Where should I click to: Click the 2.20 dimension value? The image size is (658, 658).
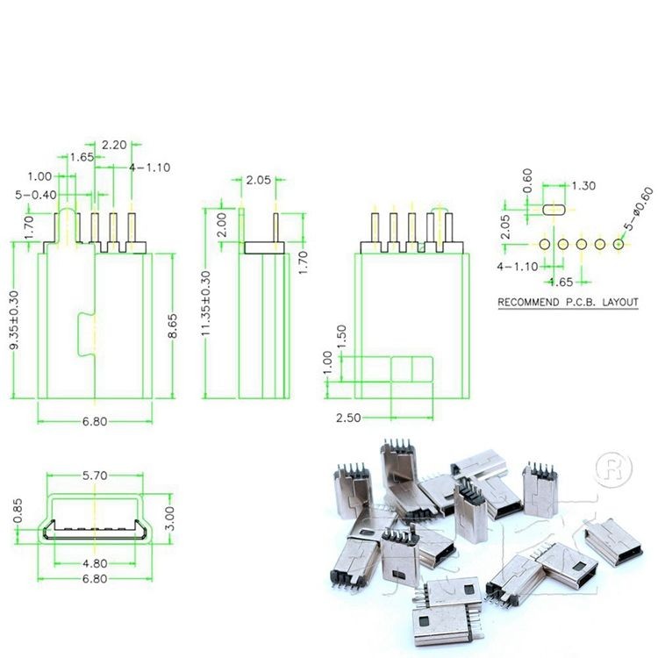[x=114, y=145]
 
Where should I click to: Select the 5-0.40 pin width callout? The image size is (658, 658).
[x=36, y=195]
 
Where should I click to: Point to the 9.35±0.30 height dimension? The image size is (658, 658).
[x=14, y=319]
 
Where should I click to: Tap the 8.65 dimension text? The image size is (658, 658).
[x=172, y=325]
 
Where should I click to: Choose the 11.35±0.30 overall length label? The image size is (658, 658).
[x=206, y=303]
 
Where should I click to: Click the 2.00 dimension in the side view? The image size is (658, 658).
[x=223, y=225]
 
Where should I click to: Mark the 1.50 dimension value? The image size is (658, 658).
[x=342, y=337]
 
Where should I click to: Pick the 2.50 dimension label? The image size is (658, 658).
[x=348, y=418]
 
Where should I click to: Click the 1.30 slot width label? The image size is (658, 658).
[x=583, y=186]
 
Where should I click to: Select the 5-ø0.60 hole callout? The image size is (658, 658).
[x=639, y=209]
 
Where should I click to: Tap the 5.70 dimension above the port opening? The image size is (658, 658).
[x=95, y=476]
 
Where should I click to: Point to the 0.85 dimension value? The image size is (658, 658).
[x=18, y=511]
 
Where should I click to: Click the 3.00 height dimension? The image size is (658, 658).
[x=169, y=518]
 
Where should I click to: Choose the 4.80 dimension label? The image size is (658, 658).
[x=95, y=563]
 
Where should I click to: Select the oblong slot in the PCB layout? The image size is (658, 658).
[x=554, y=210]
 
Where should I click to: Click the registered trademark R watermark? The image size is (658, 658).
[x=613, y=469]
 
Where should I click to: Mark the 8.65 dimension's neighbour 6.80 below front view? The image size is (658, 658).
[x=95, y=421]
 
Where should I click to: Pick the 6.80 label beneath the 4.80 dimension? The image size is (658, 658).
[x=95, y=579]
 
